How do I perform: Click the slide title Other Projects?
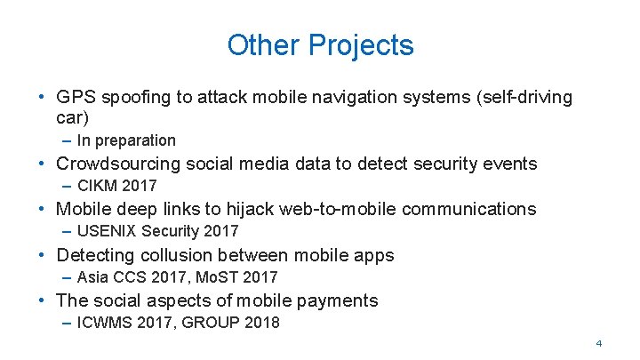(x=320, y=44)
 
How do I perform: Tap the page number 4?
(x=599, y=343)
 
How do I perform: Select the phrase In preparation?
(x=126, y=140)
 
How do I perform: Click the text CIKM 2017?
(x=116, y=186)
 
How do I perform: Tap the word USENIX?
(x=105, y=231)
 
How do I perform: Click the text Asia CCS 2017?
(x=127, y=277)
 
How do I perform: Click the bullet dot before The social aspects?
(x=42, y=300)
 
